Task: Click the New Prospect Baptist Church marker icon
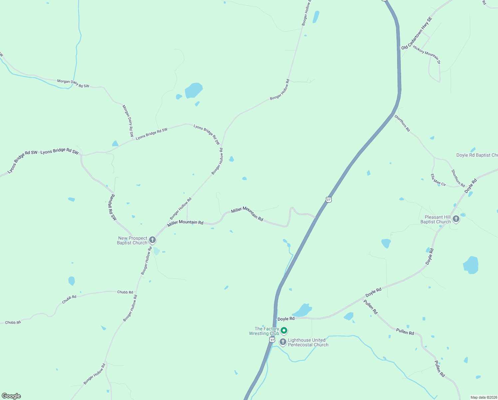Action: point(152,240)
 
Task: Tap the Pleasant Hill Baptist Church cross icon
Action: point(456,219)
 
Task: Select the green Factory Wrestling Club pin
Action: point(284,331)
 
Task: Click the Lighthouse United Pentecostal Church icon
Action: point(283,342)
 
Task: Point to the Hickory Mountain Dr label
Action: point(427,55)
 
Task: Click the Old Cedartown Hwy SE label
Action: point(416,34)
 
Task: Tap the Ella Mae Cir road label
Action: point(438,180)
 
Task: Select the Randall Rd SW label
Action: point(113,207)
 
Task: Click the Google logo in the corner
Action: point(11,396)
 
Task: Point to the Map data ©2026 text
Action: point(483,397)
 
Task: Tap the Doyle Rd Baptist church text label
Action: point(477,155)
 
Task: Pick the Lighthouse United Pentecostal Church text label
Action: point(308,342)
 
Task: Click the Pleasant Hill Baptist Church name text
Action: point(435,219)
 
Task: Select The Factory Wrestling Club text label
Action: point(264,331)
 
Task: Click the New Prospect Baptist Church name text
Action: point(132,240)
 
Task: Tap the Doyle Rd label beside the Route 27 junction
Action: point(286,319)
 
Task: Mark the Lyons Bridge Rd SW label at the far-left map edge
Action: point(22,162)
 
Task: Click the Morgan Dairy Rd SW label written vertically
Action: point(128,121)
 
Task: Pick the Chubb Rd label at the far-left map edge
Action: point(13,322)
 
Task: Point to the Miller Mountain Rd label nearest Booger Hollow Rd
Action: point(185,222)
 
